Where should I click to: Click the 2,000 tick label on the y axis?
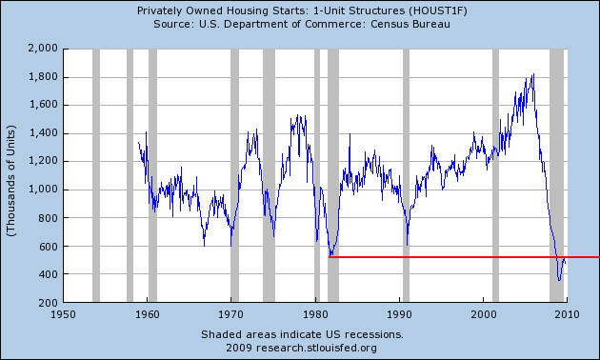43,49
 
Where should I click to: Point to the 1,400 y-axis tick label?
43,133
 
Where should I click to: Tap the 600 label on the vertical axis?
49,247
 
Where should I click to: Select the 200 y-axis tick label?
49,303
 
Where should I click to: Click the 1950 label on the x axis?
63,314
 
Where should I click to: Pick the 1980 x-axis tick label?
315,314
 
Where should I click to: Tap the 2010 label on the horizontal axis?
567,314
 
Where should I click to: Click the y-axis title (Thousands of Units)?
11,180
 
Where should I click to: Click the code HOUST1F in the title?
436,10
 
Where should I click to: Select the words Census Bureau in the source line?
410,24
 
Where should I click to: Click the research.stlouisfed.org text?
316,349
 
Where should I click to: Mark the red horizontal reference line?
464,257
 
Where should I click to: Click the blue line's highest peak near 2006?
533,74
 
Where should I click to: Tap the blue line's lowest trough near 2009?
559,280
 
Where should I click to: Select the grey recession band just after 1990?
406,175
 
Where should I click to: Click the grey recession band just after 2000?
495,175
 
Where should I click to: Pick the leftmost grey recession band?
96,175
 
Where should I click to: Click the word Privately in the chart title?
155,10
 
